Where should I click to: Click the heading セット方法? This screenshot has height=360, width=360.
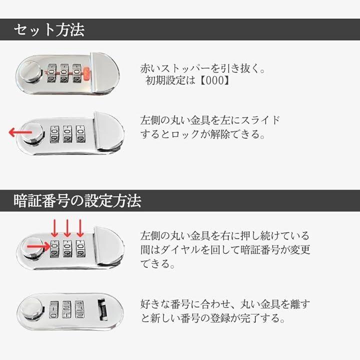pos(49,29)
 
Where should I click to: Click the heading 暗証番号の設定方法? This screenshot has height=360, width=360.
pos(77,200)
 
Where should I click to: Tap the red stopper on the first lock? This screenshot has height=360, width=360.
pos(86,73)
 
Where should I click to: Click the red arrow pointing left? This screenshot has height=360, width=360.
pos(20,132)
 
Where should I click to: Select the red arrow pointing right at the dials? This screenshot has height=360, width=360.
pos(38,247)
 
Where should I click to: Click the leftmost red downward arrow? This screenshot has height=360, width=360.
pos(54,228)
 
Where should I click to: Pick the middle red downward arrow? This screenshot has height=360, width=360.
pos(67,228)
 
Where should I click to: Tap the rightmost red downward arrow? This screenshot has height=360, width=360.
pos(80,228)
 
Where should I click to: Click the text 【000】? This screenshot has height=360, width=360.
pos(215,80)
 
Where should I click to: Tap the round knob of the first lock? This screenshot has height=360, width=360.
pos(30,71)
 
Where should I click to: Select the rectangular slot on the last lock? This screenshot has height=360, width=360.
pos(102,309)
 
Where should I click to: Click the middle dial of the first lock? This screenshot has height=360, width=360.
pos(64,73)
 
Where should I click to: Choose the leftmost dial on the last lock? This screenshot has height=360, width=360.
pos(53,309)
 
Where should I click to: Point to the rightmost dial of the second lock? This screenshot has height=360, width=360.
pos(80,134)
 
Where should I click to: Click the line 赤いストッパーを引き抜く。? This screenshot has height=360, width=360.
pos(202,68)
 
